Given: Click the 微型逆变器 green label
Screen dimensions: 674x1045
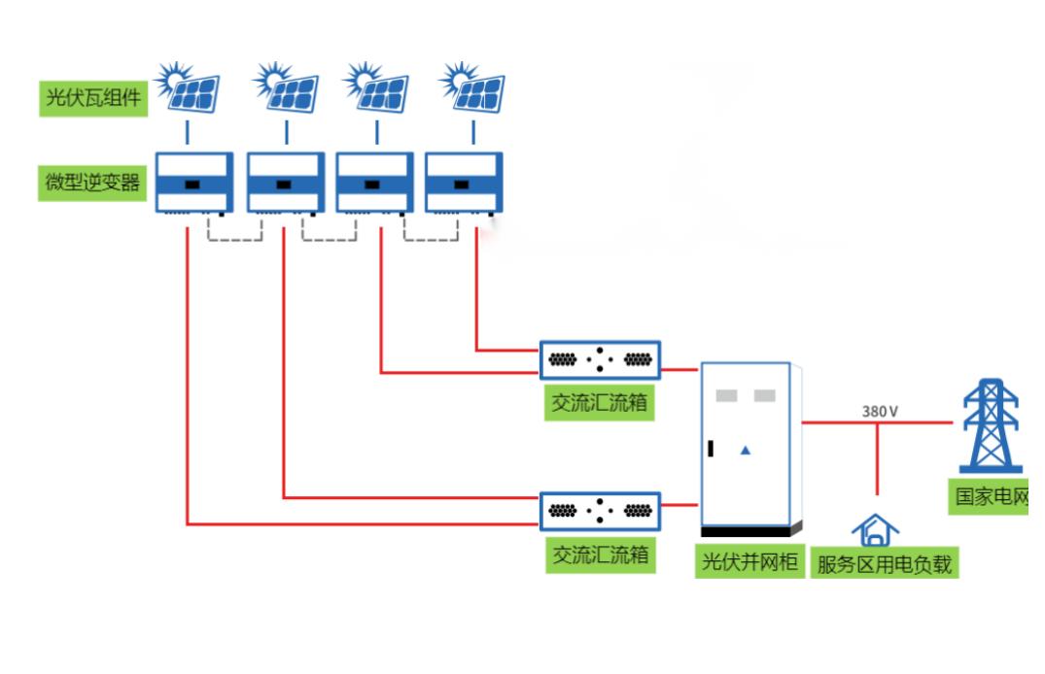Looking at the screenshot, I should click(x=93, y=183).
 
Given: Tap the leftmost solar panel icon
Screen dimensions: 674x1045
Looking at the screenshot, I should click(x=191, y=88).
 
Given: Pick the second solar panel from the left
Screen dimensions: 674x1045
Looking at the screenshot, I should click(x=286, y=88).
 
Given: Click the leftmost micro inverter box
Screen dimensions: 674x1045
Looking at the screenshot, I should click(x=194, y=183).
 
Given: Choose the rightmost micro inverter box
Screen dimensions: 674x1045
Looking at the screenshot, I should click(x=464, y=183).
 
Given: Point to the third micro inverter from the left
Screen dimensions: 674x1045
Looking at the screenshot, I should click(x=374, y=183).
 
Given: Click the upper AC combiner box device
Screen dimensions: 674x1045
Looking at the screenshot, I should click(x=600, y=359).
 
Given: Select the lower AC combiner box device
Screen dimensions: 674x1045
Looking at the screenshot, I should click(x=600, y=511).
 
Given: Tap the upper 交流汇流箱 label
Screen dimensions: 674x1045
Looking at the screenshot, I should click(x=600, y=403).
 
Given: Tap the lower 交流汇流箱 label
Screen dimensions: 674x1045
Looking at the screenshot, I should click(x=600, y=556).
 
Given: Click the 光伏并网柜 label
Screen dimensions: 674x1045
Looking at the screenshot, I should click(x=749, y=561).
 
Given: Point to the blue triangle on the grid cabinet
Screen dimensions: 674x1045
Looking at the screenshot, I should click(x=746, y=450).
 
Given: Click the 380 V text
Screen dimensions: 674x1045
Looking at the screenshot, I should click(x=880, y=411).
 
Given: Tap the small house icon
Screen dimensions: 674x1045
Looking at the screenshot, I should click(x=875, y=530).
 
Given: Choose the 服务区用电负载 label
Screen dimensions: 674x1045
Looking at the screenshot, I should click(x=885, y=563).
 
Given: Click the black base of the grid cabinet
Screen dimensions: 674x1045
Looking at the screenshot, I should click(x=748, y=531).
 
